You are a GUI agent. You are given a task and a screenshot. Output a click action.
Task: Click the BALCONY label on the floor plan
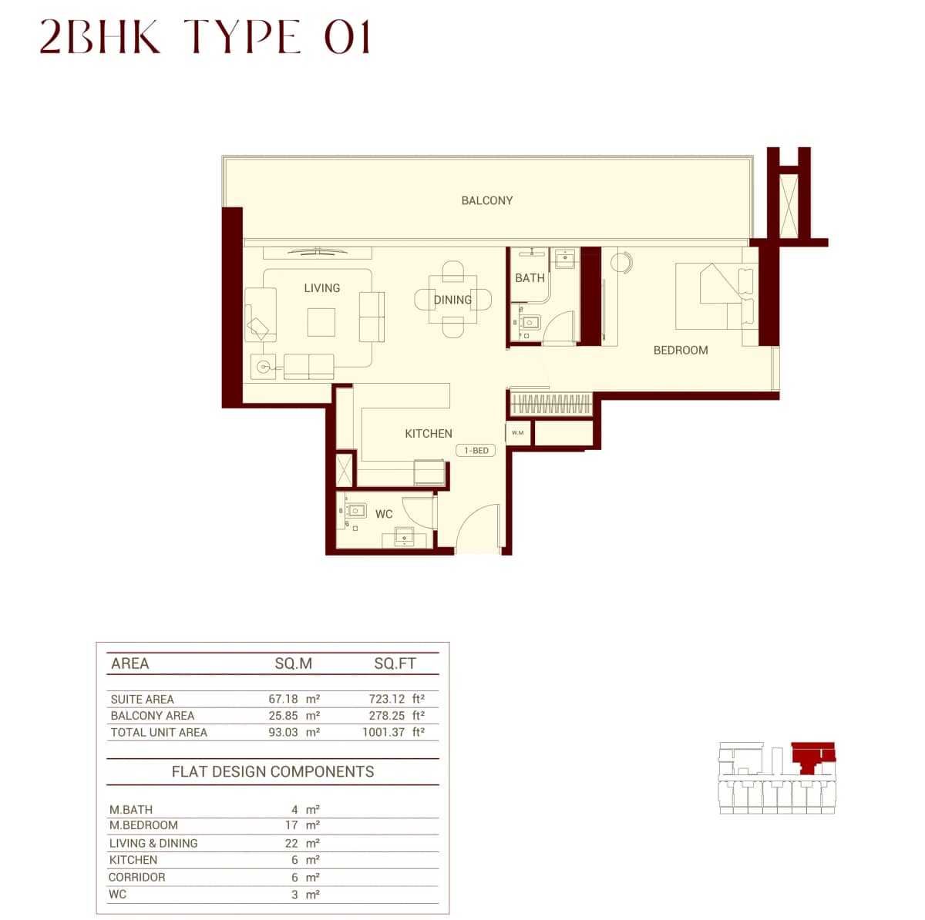click(486, 200)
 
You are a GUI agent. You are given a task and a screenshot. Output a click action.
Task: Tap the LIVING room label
click(321, 288)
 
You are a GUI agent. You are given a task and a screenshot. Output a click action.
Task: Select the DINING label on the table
click(452, 300)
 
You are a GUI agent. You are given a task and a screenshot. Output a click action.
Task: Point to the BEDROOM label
click(680, 350)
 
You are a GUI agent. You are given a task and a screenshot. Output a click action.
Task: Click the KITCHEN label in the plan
click(429, 434)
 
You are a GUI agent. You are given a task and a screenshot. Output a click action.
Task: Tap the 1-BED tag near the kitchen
click(476, 451)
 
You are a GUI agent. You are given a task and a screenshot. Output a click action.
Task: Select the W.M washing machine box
click(517, 433)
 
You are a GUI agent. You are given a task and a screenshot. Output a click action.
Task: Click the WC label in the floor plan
click(384, 514)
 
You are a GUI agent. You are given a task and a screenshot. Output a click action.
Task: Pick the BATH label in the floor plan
click(530, 278)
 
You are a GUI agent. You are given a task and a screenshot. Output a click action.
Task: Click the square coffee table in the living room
click(321, 322)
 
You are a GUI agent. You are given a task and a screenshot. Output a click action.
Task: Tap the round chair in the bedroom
click(621, 262)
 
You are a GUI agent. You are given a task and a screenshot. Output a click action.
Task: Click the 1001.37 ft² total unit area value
click(393, 732)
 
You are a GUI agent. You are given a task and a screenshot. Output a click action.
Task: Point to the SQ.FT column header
click(395, 663)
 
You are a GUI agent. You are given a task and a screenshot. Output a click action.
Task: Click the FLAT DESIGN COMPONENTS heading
click(272, 772)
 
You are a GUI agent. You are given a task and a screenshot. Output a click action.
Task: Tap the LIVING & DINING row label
click(153, 843)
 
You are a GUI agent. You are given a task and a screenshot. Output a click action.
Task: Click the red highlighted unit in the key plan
click(809, 755)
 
